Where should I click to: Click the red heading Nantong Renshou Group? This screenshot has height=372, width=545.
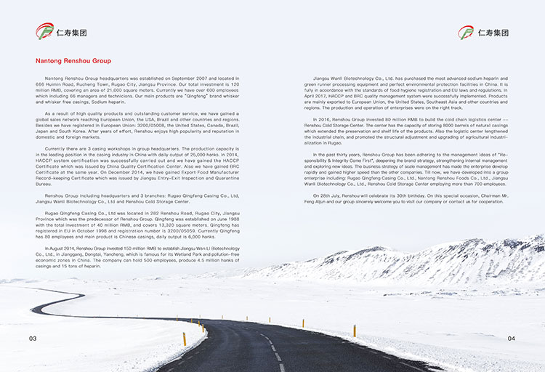73,61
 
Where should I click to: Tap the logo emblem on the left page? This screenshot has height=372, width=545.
45,31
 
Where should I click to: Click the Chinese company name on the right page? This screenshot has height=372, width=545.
494,33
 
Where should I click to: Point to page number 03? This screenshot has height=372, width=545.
33,339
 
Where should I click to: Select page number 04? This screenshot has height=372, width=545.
512,339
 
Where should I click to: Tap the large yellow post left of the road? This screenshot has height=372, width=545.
184,339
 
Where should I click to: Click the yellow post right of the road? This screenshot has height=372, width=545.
354,331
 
